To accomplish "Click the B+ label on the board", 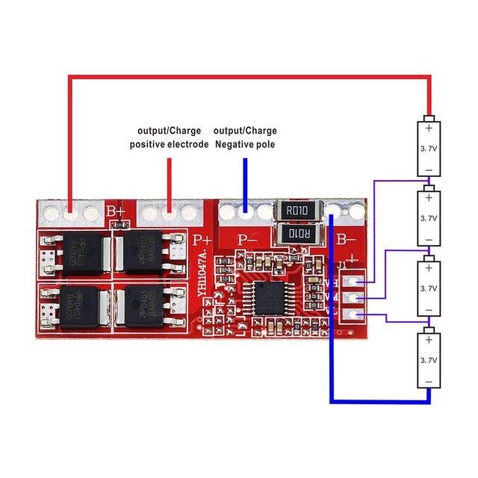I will coord(115,213).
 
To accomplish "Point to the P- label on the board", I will coord(246,240).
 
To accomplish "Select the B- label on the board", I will coord(347,240).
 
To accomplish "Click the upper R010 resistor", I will coord(301,211).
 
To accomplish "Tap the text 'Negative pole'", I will coord(245,144).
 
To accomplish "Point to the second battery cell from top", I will coord(429,217).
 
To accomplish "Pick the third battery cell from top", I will coord(429,288).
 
